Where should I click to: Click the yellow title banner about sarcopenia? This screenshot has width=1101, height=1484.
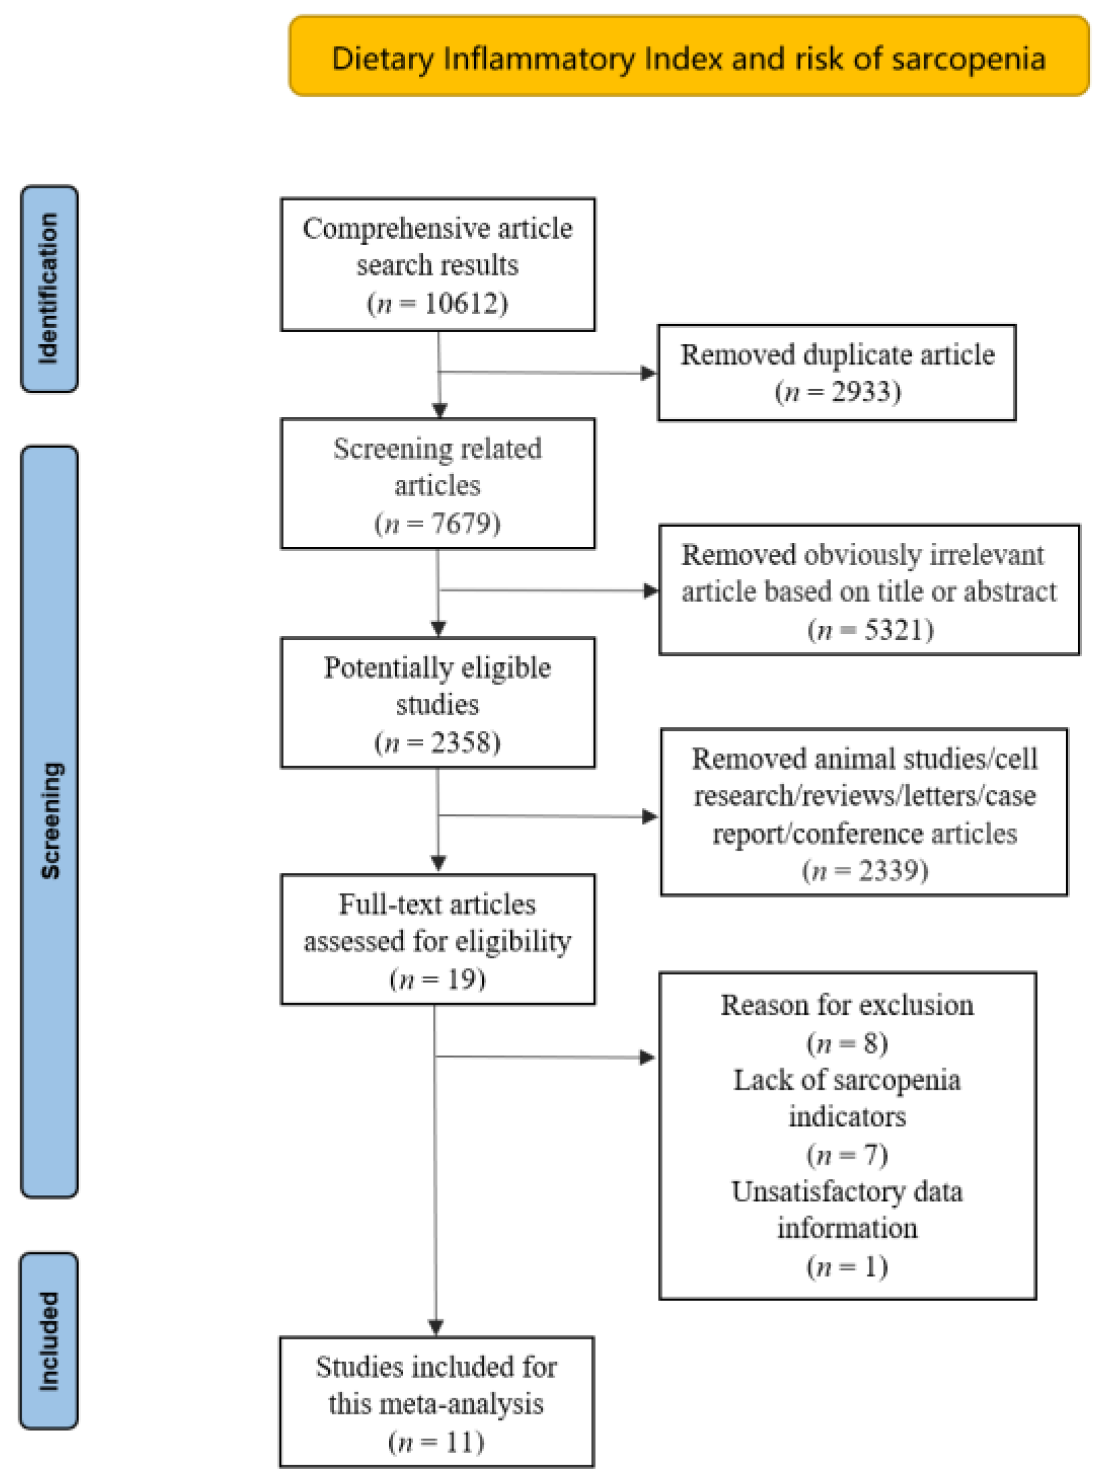click(689, 57)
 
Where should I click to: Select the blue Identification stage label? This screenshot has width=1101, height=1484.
click(49, 289)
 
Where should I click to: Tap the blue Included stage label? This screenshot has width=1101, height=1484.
click(49, 1341)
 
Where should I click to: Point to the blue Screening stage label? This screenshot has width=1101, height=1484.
click(49, 820)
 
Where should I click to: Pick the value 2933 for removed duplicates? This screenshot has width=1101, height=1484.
click(862, 392)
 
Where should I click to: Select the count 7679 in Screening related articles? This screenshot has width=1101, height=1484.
click(462, 523)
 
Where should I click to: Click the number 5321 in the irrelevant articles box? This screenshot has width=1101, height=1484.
click(894, 629)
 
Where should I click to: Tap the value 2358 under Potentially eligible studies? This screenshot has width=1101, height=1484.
click(462, 743)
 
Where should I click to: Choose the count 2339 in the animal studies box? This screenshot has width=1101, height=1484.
click(889, 870)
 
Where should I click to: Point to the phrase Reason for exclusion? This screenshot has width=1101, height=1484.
click(847, 1005)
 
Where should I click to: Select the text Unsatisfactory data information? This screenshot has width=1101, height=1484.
click(847, 1209)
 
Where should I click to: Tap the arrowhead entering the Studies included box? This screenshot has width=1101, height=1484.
click(437, 1327)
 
